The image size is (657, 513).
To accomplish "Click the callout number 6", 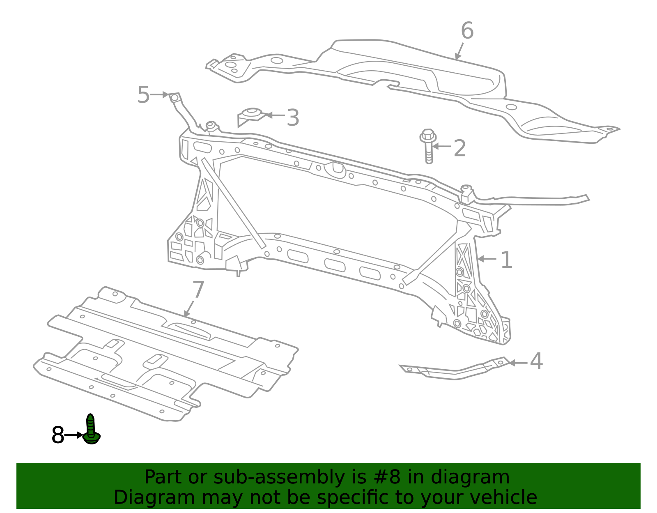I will (x=467, y=31).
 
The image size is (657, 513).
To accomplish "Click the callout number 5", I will (x=143, y=95).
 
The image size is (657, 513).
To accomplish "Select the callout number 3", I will (x=293, y=118).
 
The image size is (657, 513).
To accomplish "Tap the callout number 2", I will (x=459, y=148).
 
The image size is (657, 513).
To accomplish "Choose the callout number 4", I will (x=536, y=361).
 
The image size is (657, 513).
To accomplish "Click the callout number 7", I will (x=198, y=290).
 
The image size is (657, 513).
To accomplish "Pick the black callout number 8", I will (x=58, y=435).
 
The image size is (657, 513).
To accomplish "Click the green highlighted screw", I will (x=91, y=430).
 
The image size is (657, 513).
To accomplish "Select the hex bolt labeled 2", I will (x=428, y=146).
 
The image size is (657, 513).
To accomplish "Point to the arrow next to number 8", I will (x=74, y=435).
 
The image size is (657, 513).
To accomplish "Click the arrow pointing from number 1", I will (x=487, y=259).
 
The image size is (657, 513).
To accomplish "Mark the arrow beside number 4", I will (x=518, y=363).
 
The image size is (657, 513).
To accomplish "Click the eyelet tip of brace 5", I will (x=174, y=97).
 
